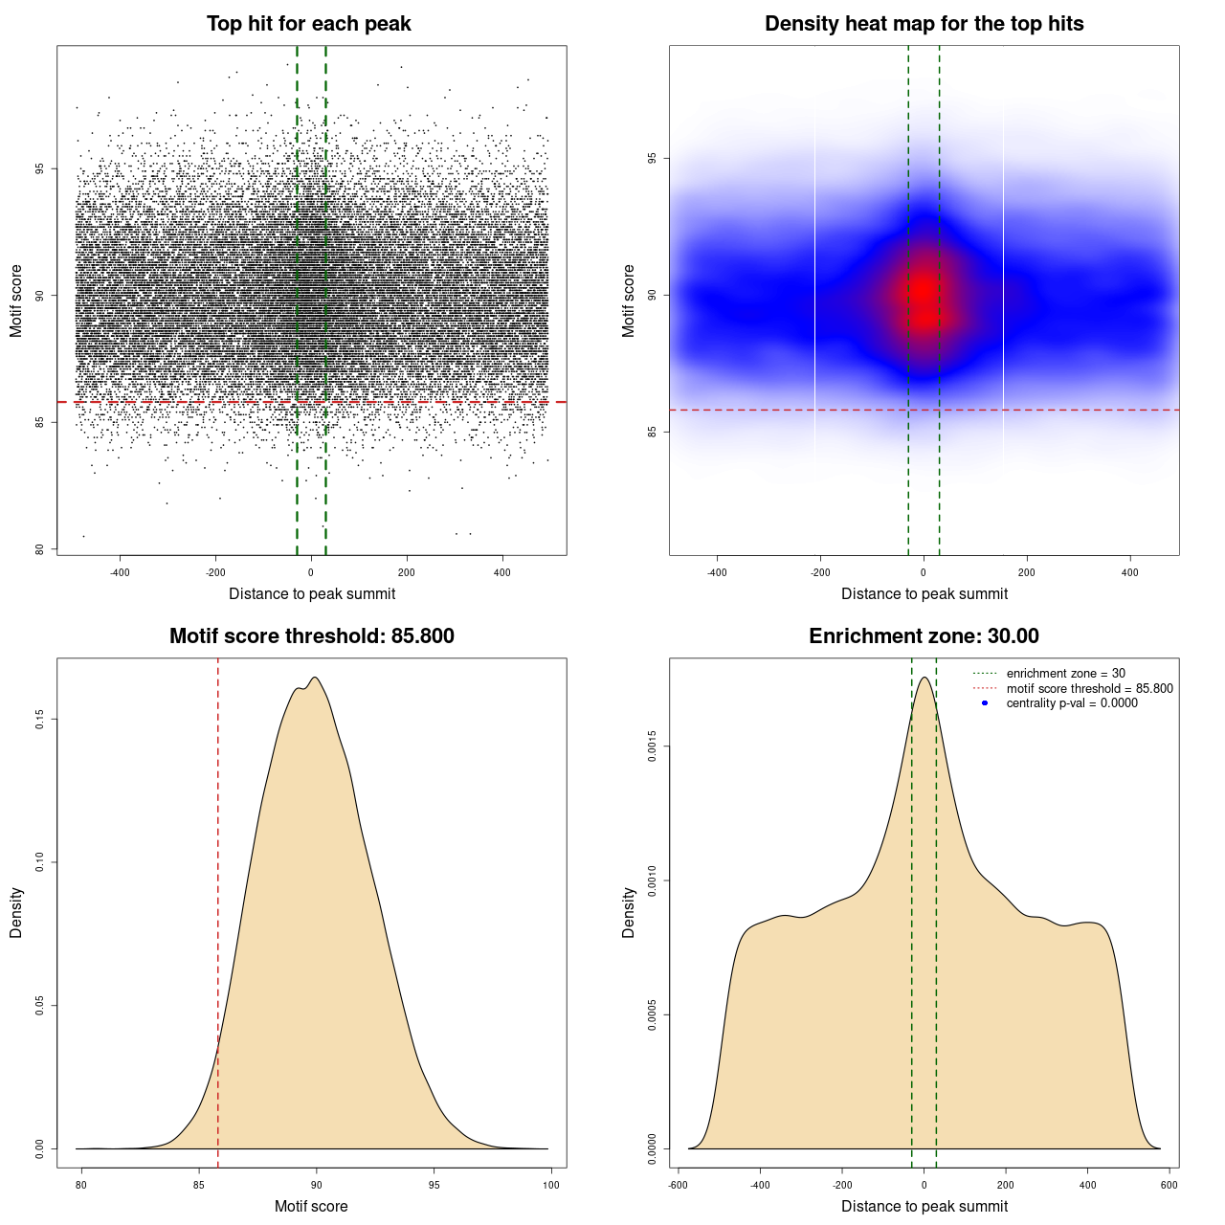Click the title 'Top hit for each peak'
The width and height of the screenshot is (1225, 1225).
(x=308, y=24)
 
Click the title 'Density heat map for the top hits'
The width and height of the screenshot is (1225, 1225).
(x=924, y=24)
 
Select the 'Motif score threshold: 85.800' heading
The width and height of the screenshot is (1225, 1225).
(x=311, y=636)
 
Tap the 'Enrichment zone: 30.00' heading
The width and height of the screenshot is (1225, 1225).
(x=924, y=636)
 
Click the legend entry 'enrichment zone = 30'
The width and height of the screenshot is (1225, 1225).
(x=1065, y=674)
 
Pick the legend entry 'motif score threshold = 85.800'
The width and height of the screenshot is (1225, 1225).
(x=1089, y=688)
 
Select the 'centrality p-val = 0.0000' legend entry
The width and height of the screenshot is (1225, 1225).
(x=1072, y=702)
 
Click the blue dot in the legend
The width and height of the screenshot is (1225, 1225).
(x=985, y=702)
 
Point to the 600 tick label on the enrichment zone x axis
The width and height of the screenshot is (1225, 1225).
(x=1169, y=1185)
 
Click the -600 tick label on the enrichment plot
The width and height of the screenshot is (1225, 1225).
(x=678, y=1185)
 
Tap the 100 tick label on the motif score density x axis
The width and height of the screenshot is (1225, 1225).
(x=551, y=1185)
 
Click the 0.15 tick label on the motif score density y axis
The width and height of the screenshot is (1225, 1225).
(x=40, y=719)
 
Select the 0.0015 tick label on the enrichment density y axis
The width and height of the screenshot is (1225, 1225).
(x=653, y=746)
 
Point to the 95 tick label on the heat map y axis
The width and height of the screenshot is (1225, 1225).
(x=653, y=158)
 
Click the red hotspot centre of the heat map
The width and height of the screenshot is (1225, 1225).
(x=924, y=290)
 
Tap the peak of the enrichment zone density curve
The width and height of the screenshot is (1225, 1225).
(x=924, y=678)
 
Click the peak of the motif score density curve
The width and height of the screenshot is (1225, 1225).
(x=314, y=678)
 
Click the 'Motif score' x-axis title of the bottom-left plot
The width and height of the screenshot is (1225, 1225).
(x=311, y=1206)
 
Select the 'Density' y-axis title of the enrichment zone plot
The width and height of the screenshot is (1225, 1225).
(x=629, y=912)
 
